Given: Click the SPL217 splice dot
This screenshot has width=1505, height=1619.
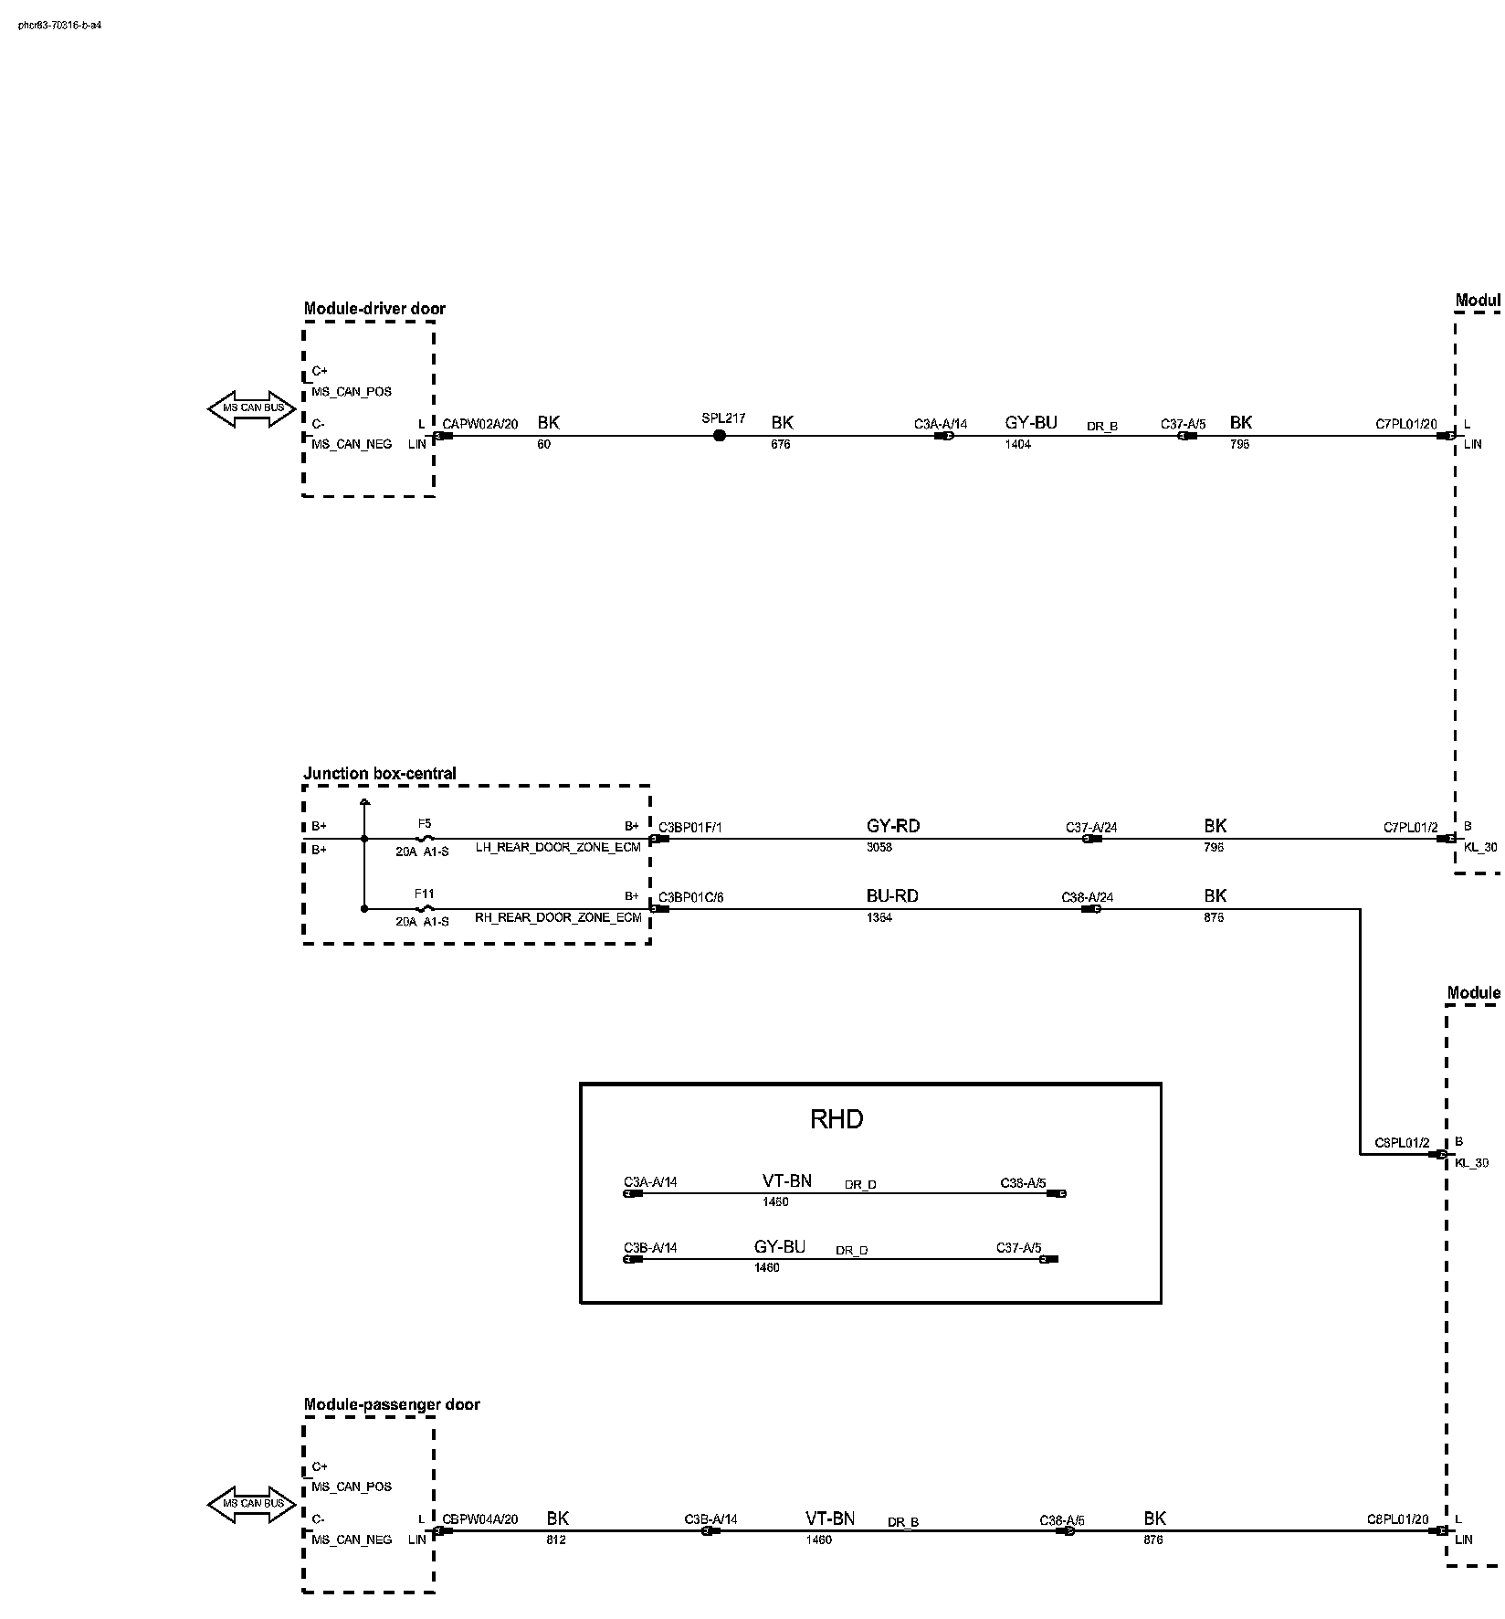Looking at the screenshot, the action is (720, 436).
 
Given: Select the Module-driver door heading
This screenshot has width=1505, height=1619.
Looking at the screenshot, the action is (374, 309).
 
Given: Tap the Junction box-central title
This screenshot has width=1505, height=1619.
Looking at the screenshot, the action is (379, 774).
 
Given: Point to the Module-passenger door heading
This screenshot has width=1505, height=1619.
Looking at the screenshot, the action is (391, 1404).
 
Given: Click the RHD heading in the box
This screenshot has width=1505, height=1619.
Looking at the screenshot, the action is (836, 1119).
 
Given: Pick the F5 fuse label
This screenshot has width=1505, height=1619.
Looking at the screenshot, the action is (425, 823).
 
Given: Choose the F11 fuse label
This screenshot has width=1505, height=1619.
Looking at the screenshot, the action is (425, 894).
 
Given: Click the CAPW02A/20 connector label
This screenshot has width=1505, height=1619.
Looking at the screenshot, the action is (480, 424).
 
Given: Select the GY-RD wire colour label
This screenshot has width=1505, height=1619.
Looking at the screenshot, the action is (892, 826).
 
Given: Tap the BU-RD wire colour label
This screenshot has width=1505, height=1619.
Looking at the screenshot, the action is (891, 896).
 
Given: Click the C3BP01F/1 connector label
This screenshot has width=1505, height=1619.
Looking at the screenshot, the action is (690, 828).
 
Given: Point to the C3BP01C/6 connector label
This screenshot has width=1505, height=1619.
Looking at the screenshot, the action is (690, 898).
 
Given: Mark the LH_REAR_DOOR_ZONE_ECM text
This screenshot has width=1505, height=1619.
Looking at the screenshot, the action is (558, 847).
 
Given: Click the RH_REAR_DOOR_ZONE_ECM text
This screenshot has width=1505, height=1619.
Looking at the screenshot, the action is (558, 917).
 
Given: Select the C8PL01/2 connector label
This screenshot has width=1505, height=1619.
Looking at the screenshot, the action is (1402, 1143).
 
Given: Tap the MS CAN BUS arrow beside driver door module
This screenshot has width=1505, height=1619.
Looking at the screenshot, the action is (253, 408).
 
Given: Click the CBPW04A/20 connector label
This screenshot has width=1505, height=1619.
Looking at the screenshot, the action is (480, 1519).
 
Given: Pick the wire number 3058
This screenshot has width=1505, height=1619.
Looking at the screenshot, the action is (879, 847).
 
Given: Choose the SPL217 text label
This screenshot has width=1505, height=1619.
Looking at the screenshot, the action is (723, 418).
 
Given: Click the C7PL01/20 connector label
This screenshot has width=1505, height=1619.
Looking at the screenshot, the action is (1405, 425).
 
